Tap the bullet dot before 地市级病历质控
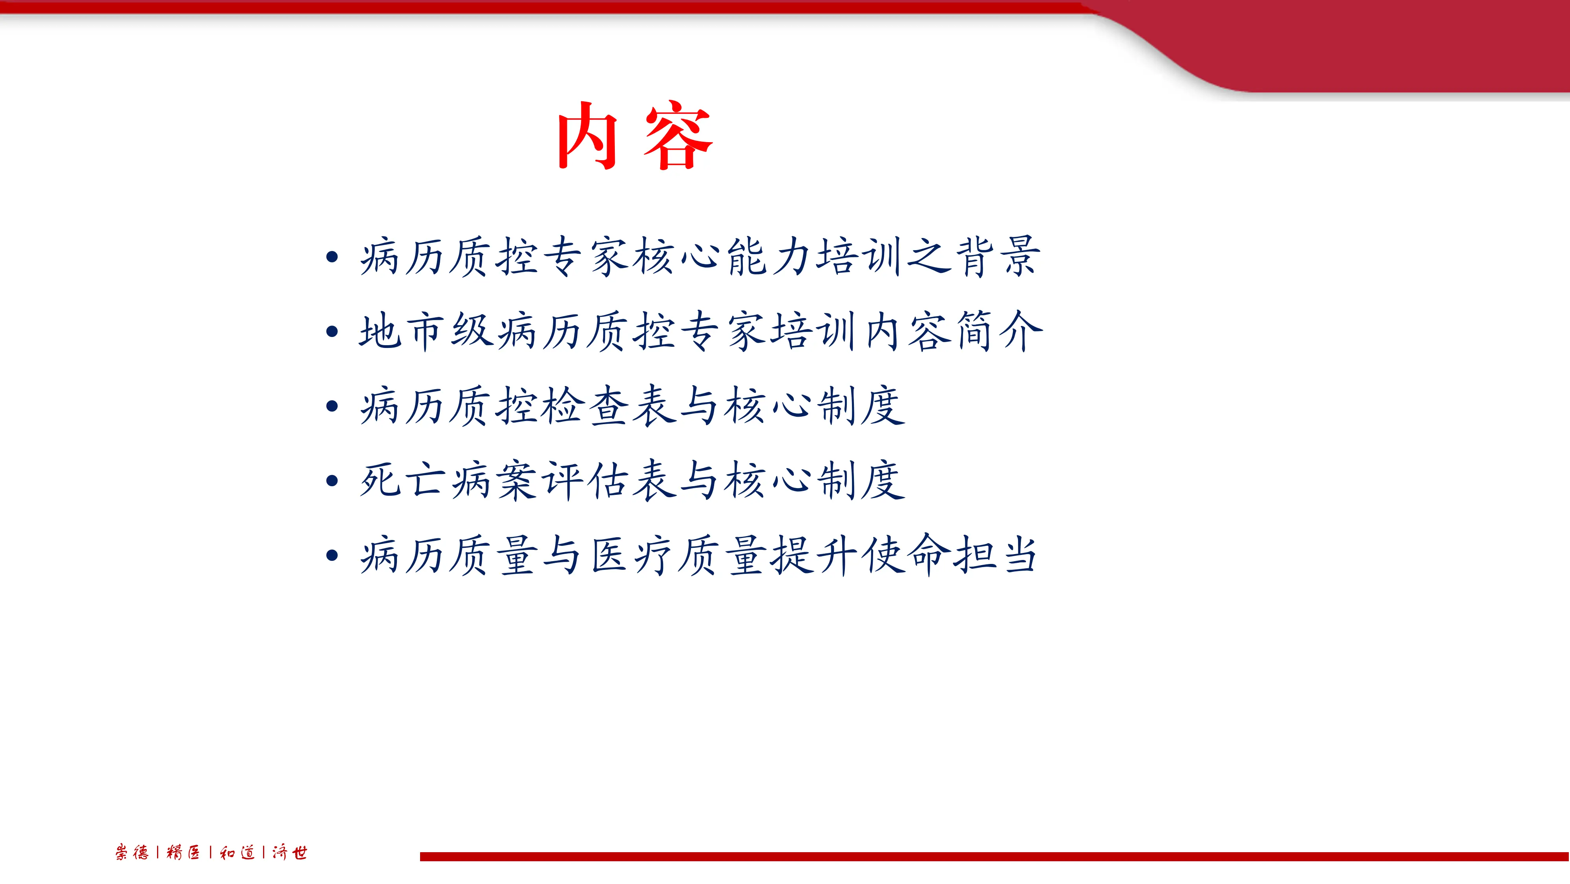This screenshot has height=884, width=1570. (332, 332)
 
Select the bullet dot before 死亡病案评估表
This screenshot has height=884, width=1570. (332, 481)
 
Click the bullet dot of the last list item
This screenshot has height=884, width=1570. (332, 555)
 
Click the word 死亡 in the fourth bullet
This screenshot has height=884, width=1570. (402, 481)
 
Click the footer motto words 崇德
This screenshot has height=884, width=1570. (132, 852)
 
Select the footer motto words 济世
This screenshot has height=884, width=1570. (289, 852)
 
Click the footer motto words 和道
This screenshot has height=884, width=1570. (237, 852)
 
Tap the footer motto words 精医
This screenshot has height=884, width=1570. (183, 852)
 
